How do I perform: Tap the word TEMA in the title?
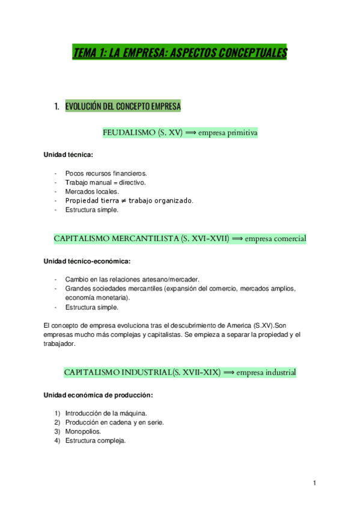85,53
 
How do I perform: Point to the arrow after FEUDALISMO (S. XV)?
191,132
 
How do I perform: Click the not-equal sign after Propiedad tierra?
123,200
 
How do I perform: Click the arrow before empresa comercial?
237,239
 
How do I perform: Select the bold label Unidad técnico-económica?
87,261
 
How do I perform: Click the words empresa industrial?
266,372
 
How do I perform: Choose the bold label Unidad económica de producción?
98,395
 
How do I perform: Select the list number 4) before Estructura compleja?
57,440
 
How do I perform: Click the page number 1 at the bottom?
314,483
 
